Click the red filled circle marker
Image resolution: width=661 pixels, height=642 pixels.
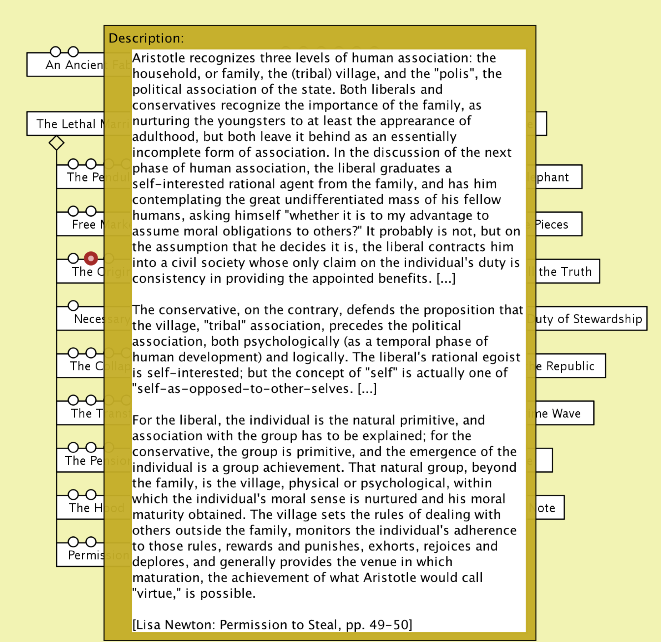coord(91,258)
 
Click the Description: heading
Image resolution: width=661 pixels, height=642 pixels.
coord(146,38)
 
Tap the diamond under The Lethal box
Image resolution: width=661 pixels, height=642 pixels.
coord(56,143)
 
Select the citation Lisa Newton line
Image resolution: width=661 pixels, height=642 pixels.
coord(272,625)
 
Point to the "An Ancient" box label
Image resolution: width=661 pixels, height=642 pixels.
coord(74,65)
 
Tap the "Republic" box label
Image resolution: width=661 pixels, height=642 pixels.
coord(570,366)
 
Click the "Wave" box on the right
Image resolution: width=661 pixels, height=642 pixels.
coord(566,413)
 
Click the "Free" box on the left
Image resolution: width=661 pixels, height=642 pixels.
coord(84,224)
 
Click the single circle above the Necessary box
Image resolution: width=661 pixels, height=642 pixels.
coord(73,306)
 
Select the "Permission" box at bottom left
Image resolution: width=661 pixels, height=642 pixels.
coord(85,555)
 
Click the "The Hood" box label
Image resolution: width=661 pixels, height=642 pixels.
coord(86,507)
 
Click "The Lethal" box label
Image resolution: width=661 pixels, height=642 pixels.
coord(66,124)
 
